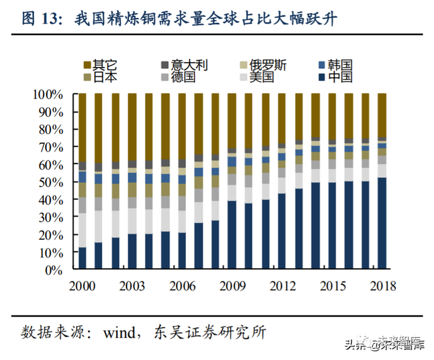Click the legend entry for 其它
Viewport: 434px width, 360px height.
point(100,64)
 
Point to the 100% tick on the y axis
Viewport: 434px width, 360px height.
point(48,95)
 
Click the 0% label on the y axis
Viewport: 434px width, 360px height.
point(55,270)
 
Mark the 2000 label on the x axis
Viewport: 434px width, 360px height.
point(82,286)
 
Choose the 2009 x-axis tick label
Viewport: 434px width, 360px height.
point(232,286)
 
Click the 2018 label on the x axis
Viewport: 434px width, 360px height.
point(381,286)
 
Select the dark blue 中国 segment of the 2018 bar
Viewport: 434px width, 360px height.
point(382,224)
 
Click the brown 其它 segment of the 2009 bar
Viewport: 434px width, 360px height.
point(232,121)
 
